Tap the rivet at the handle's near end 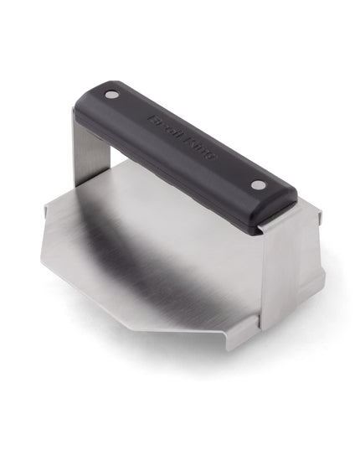tap(258, 184)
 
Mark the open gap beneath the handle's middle tap(167, 180)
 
